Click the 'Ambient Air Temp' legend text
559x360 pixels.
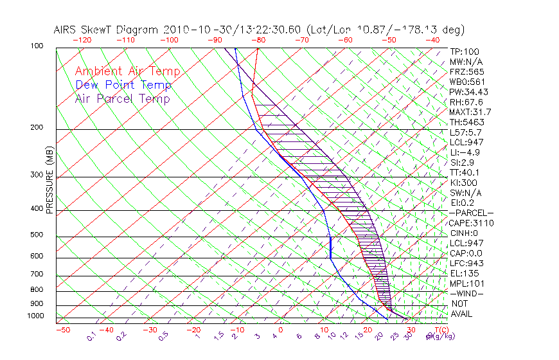[x=127, y=71]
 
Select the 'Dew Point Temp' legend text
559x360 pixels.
[x=123, y=85]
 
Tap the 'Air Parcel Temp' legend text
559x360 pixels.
[x=122, y=98]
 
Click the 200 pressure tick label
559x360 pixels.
[x=36, y=127]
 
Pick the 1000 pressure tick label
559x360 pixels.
[x=35, y=316]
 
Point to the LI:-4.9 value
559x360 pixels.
[x=465, y=152]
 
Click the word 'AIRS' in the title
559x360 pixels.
[x=66, y=30]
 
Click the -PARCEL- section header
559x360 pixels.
[x=471, y=213]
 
